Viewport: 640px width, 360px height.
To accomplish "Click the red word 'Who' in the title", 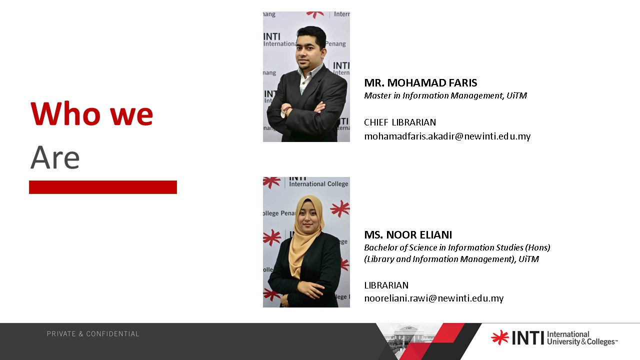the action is coord(65,113).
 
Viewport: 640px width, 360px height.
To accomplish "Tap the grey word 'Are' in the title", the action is coord(55,157).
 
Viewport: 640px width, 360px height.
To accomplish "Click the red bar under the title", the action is coord(103,187).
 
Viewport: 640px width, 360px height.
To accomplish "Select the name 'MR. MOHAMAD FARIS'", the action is coord(420,83).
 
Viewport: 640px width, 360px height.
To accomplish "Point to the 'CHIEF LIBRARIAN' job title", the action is coord(400,122).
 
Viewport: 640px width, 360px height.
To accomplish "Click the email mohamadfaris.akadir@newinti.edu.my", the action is coord(447,136).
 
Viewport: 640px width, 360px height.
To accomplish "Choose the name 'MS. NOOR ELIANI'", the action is coord(408,235).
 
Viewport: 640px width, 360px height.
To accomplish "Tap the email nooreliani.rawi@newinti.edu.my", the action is coord(434,298).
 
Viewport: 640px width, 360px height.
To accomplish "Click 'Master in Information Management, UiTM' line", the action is coord(445,95).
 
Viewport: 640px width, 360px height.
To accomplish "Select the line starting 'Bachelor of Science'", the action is coord(457,247).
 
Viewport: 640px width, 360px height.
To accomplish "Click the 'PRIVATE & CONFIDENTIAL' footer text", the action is coord(93,334).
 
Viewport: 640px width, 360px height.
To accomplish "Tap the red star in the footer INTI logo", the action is coord(500,337).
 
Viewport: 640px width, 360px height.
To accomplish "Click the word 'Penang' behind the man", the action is coord(335,43).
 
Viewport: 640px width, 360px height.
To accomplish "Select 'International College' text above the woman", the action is coord(318,184).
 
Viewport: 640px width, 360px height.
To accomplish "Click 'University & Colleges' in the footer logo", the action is coord(581,342).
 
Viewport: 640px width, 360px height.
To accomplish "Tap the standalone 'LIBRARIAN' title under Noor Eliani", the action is coord(386,285).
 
